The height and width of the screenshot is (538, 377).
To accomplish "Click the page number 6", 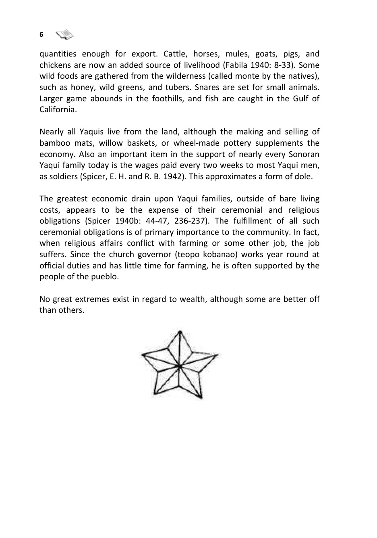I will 41,35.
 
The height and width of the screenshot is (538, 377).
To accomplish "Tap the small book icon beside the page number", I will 64,35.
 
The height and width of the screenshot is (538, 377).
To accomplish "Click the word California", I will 57,110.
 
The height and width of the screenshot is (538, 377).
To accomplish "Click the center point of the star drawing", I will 180,366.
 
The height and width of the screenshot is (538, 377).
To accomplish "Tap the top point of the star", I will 180,331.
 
